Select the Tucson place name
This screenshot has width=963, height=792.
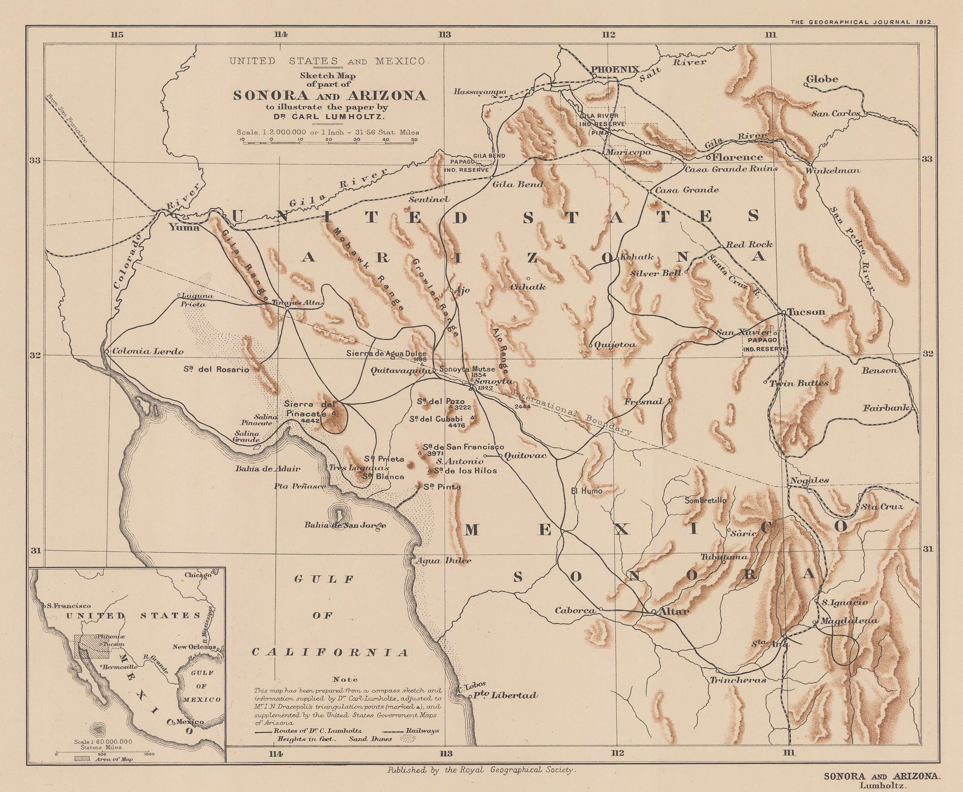pyautogui.click(x=807, y=312)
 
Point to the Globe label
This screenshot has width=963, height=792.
pyautogui.click(x=822, y=79)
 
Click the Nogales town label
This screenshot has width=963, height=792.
pyautogui.click(x=809, y=480)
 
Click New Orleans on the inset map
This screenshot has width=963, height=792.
pyautogui.click(x=194, y=647)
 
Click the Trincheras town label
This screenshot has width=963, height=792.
pyautogui.click(x=737, y=680)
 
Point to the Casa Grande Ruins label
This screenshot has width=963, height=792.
pyautogui.click(x=731, y=168)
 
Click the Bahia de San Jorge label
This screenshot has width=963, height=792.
pyautogui.click(x=345, y=525)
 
